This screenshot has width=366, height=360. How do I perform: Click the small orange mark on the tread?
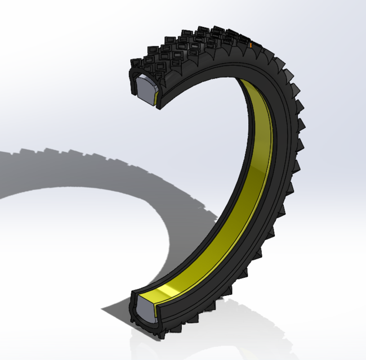tap(248, 43)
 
